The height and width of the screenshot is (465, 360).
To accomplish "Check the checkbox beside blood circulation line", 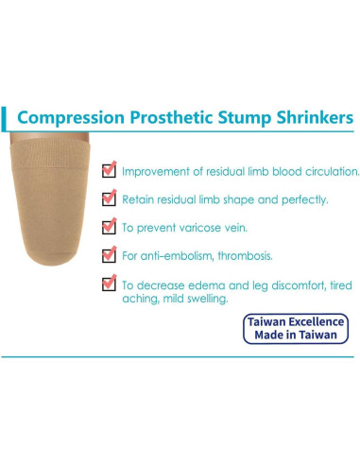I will coord(110,170).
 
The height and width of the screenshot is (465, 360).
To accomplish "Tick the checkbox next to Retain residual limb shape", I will coord(110,198).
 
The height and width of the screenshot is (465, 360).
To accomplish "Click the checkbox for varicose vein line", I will coord(110,227).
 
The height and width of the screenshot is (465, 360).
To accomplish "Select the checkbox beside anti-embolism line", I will coord(110,254).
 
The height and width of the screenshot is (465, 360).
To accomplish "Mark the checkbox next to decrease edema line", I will coord(110,283).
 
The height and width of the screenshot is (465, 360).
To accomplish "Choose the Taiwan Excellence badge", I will coord(296,329).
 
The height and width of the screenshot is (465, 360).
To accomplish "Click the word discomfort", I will coord(283,284).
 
